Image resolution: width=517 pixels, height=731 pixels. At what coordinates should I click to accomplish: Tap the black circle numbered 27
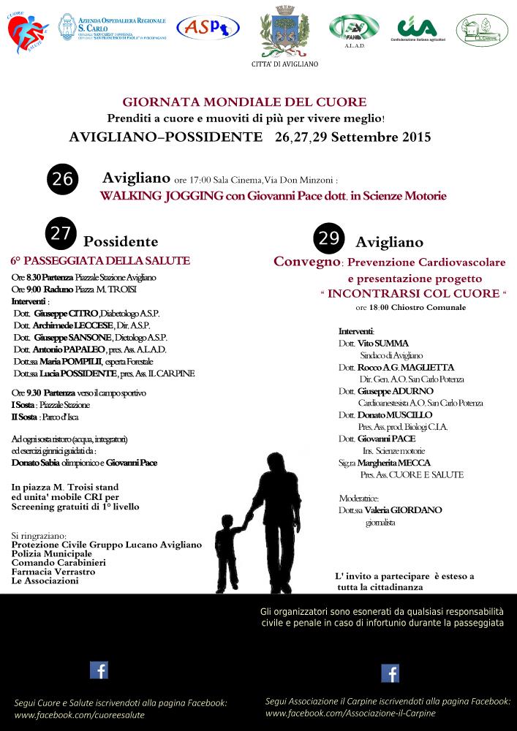[x=61, y=233]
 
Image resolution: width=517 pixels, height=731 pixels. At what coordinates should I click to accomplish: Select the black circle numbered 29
[x=329, y=238]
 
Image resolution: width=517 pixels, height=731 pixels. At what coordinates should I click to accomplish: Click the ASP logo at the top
[x=208, y=29]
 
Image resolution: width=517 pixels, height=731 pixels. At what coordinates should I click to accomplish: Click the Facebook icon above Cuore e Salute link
[x=99, y=670]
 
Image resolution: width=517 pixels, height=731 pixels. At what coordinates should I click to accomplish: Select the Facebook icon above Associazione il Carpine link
[x=390, y=673]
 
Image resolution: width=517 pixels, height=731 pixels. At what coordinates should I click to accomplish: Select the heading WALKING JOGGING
[x=155, y=196]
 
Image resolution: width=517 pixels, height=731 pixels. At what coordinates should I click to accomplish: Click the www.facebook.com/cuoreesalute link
[x=80, y=715]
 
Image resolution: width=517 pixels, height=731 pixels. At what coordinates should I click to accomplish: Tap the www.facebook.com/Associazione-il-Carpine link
[x=350, y=713]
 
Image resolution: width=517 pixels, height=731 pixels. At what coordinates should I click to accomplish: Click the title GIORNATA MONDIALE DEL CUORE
[x=244, y=102]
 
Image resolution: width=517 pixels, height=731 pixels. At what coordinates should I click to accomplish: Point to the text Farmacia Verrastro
[x=53, y=572]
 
